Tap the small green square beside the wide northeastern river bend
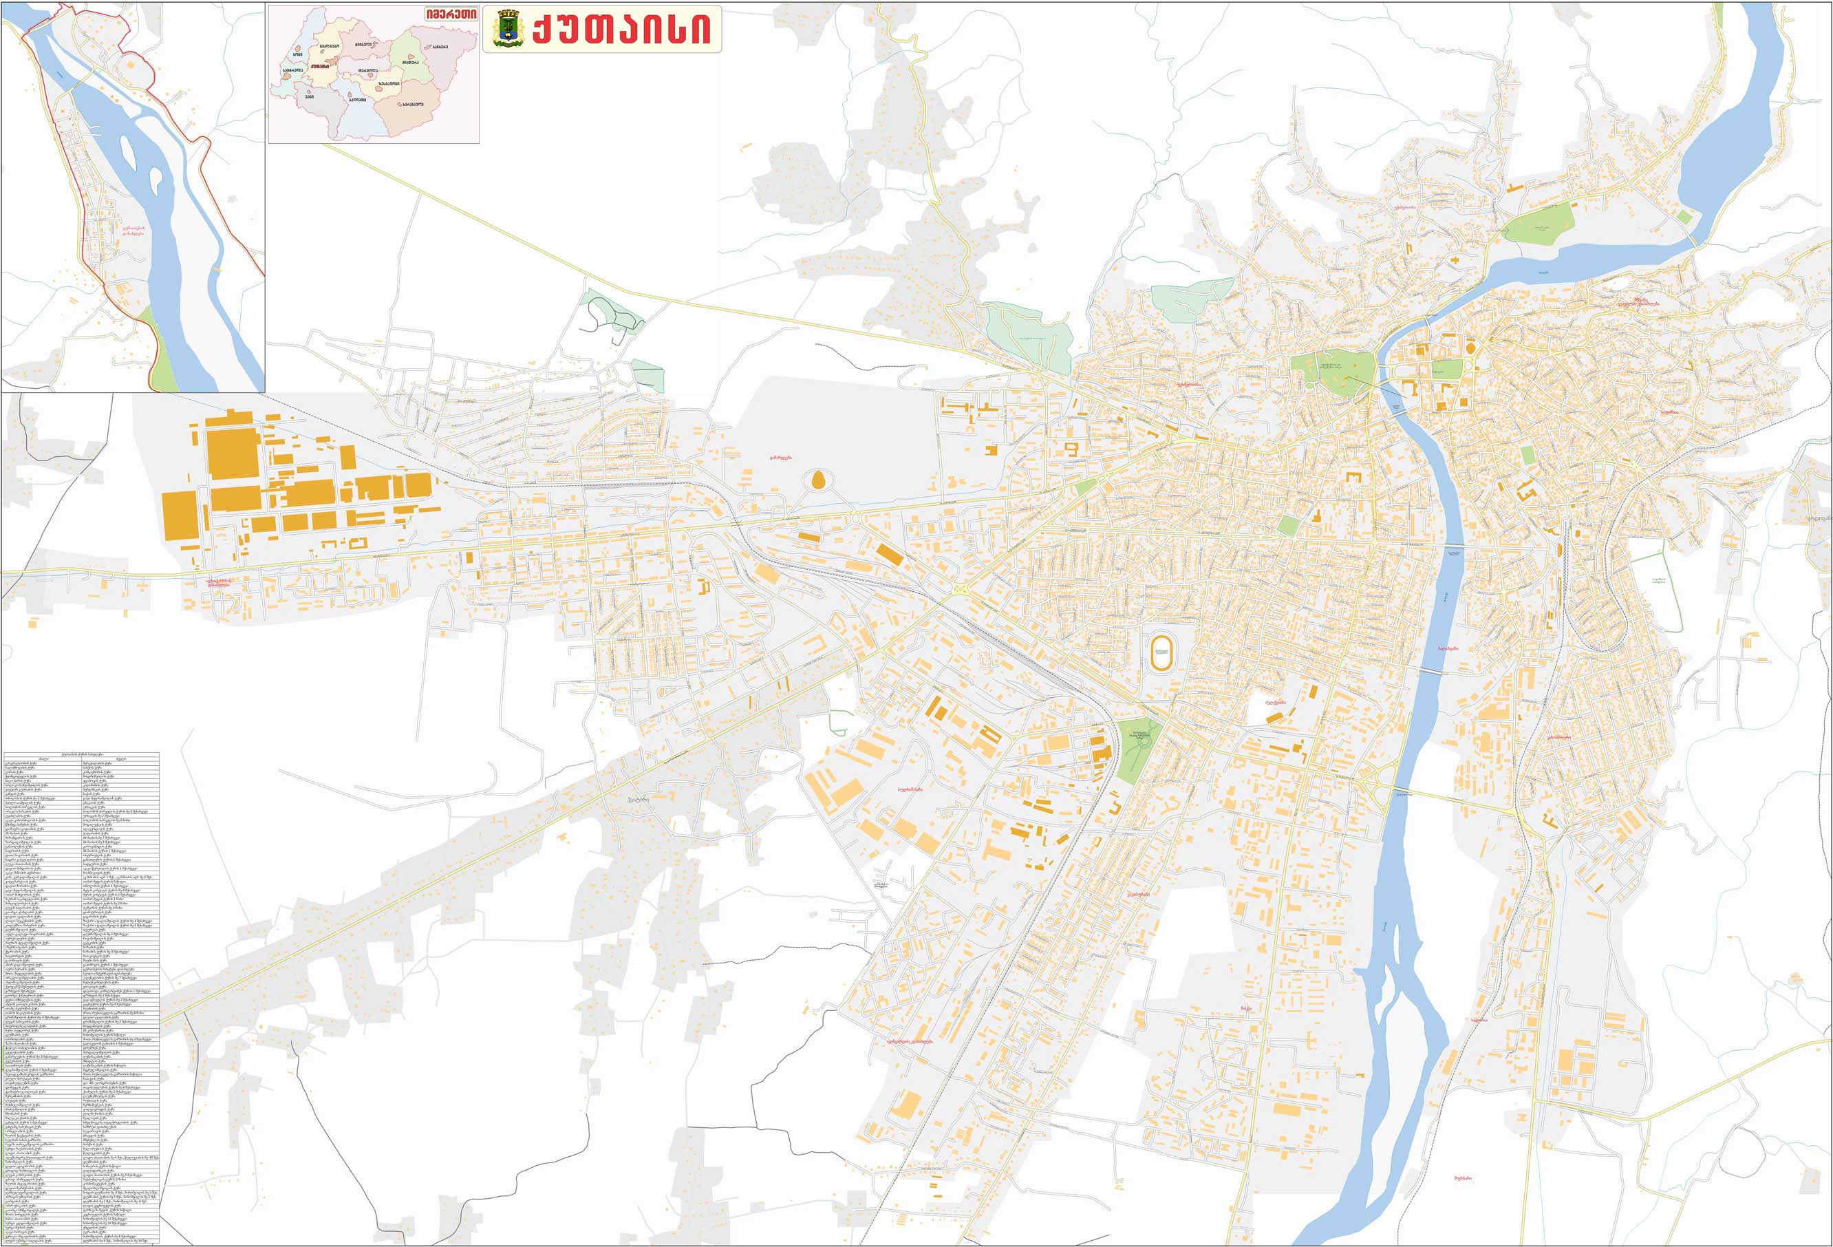pos(1684,216)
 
